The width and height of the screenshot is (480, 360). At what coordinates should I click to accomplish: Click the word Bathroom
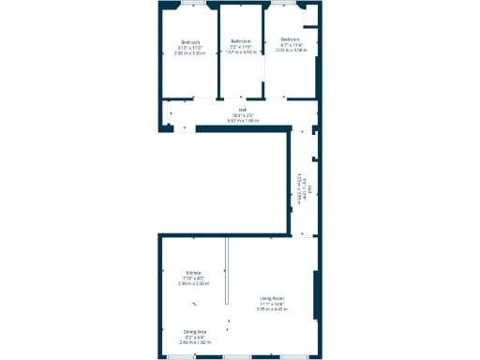pyautogui.click(x=242, y=41)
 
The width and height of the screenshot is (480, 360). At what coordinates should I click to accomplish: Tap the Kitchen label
pyautogui.click(x=193, y=273)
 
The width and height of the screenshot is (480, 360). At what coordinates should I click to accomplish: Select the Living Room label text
pyautogui.click(x=273, y=299)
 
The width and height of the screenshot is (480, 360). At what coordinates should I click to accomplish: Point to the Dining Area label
pyautogui.click(x=195, y=332)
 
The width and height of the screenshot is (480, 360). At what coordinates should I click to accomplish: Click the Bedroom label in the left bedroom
pyautogui.click(x=190, y=42)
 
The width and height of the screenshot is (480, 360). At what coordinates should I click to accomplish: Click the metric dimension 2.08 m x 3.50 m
pyautogui.click(x=190, y=54)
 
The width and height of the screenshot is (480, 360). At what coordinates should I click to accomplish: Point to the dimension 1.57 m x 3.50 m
pyautogui.click(x=242, y=52)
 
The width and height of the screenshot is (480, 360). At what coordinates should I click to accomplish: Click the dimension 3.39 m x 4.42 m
pyautogui.click(x=273, y=309)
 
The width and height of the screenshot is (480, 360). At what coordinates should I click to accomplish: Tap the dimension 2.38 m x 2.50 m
pyautogui.click(x=193, y=283)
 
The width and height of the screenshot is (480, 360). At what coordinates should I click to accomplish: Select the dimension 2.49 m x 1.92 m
pyautogui.click(x=195, y=343)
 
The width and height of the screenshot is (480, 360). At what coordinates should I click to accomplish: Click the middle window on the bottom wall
pyautogui.click(x=237, y=356)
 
